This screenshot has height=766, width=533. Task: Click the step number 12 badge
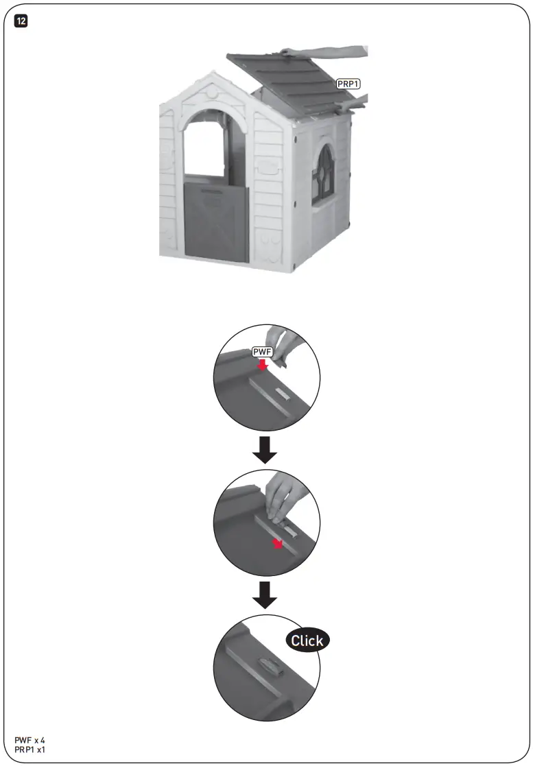21,21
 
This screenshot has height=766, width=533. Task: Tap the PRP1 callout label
348,83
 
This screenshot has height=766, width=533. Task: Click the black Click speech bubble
307,641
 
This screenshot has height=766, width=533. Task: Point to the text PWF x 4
29,741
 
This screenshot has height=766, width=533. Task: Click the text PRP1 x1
29,750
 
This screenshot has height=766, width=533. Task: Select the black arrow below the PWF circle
264,448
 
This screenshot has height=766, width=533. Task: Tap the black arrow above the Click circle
264,595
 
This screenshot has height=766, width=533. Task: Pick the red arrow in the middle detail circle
277,544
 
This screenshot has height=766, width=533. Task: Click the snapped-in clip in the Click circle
266,666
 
